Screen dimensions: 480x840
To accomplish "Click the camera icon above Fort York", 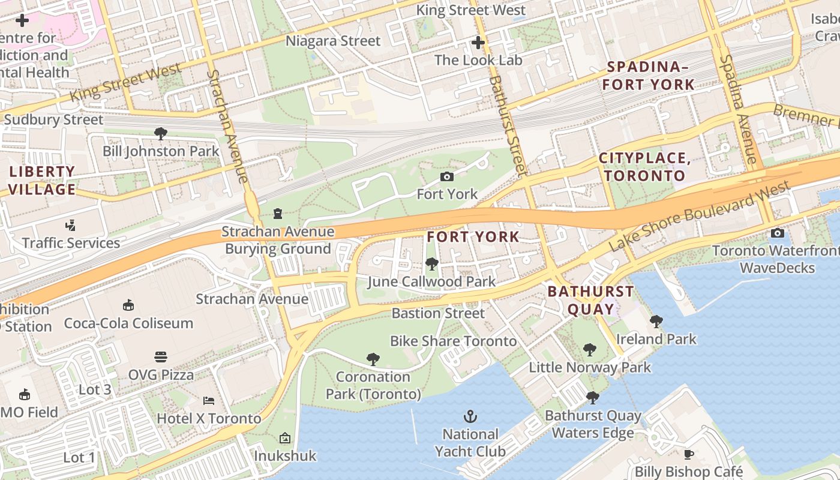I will (446, 176).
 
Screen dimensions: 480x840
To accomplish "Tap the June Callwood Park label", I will (431, 281).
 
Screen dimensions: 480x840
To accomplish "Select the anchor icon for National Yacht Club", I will (470, 416).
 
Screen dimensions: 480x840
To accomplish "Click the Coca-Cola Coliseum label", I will (128, 323).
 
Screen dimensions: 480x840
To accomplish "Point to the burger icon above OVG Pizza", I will (160, 357).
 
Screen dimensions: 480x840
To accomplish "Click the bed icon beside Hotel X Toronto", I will (208, 400).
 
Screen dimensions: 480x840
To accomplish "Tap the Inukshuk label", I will (285, 456).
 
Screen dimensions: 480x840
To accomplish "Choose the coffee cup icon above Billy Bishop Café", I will (689, 454).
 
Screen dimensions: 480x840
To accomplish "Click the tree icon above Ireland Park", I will (656, 322).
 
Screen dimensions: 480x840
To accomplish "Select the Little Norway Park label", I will (590, 367).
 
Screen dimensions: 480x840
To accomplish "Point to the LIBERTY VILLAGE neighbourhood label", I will (42, 181).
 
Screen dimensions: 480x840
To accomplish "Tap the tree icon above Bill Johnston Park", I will (160, 133).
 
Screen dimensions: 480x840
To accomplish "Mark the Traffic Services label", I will (71, 243).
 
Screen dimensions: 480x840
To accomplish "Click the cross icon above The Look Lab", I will (478, 43).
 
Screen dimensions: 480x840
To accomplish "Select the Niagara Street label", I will (333, 41).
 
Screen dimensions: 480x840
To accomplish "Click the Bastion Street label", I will (438, 313).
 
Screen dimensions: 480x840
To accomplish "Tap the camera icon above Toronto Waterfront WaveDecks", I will (778, 233).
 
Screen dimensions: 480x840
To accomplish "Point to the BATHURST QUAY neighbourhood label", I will (590, 301).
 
